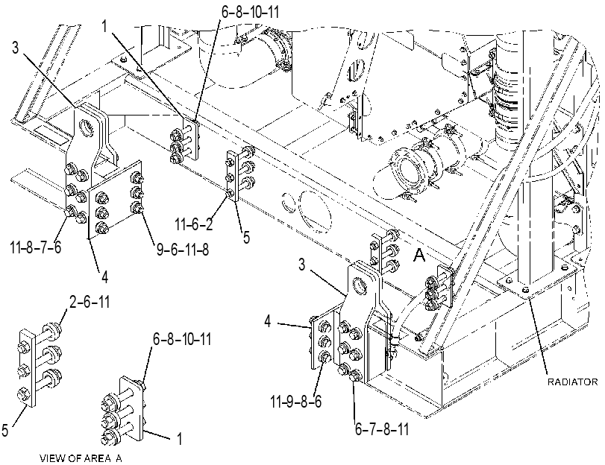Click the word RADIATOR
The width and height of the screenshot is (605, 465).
[572, 382]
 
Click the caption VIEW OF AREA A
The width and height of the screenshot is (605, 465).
[81, 458]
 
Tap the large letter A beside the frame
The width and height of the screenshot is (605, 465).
[419, 256]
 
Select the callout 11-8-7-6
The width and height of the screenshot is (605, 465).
[36, 247]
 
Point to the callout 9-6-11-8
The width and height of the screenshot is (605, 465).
[183, 250]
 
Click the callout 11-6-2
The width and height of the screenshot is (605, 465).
[194, 224]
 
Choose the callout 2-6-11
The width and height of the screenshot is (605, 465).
[90, 301]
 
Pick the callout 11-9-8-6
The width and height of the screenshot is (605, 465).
[296, 402]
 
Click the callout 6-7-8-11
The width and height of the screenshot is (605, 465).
[382, 428]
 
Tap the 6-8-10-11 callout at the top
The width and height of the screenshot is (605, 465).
[250, 12]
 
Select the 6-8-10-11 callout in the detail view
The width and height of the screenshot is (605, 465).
[182, 339]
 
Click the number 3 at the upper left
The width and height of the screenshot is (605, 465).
[15, 48]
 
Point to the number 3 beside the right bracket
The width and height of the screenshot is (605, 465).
[301, 265]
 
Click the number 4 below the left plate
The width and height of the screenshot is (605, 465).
[105, 277]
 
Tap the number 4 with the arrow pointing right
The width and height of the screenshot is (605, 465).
[268, 321]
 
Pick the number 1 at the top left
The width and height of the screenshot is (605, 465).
[104, 26]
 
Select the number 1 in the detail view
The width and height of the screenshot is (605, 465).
[179, 438]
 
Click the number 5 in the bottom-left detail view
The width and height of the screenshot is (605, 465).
[5, 430]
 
